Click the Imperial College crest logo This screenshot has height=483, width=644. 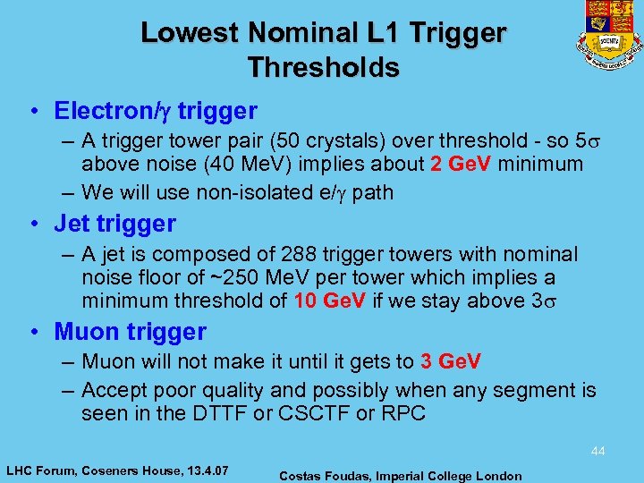pos(613,35)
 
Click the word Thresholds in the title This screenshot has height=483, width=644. pos(323,67)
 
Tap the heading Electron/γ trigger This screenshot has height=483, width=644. pos(156,111)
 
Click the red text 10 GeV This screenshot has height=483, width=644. pos(330,301)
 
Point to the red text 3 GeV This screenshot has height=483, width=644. pos(451,361)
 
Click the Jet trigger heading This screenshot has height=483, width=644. pos(115,224)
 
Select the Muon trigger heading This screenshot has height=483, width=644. pos(131,332)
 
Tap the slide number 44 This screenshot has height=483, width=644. pos(597,452)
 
